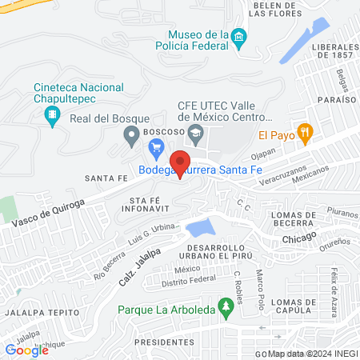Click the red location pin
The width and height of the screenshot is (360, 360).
(182, 163)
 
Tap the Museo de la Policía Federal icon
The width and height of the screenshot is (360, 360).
(238, 38)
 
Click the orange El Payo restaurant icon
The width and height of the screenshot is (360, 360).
(304, 133)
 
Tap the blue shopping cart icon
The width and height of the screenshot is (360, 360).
(157, 148)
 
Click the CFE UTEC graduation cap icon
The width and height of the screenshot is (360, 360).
(195, 130)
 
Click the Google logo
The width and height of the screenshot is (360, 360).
(26, 350)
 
